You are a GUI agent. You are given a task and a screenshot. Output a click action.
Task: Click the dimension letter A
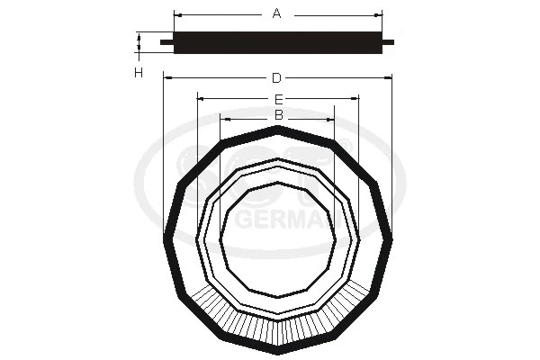pyautogui.click(x=277, y=13)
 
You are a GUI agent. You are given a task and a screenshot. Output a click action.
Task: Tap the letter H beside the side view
pyautogui.click(x=139, y=72)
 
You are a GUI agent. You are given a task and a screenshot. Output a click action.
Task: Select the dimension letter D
pyautogui.click(x=277, y=78)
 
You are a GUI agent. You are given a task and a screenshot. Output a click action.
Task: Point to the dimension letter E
pyautogui.click(x=278, y=98)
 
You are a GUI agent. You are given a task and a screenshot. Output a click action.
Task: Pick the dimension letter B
pyautogui.click(x=278, y=116)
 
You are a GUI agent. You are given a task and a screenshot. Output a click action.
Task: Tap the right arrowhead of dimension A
pyautogui.click(x=380, y=14)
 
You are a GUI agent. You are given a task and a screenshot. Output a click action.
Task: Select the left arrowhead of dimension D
pyautogui.click(x=167, y=78)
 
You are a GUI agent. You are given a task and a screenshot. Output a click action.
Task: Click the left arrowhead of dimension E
pyautogui.click(x=200, y=98)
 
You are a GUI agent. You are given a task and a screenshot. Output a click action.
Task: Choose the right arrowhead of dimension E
pyautogui.click(x=356, y=98)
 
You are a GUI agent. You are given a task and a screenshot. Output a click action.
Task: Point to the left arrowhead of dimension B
pyautogui.click(x=224, y=117)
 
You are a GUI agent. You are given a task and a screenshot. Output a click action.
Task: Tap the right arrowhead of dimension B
pyautogui.click(x=331, y=117)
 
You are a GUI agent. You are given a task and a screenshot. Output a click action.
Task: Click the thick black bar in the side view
pyautogui.click(x=277, y=41)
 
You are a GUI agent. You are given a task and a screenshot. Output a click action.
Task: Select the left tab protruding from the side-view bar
pyautogui.click(x=165, y=41)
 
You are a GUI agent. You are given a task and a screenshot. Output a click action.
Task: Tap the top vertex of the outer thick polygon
pyautogui.click(x=278, y=129)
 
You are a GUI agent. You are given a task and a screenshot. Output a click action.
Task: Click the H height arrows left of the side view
pyautogui.click(x=139, y=42)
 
